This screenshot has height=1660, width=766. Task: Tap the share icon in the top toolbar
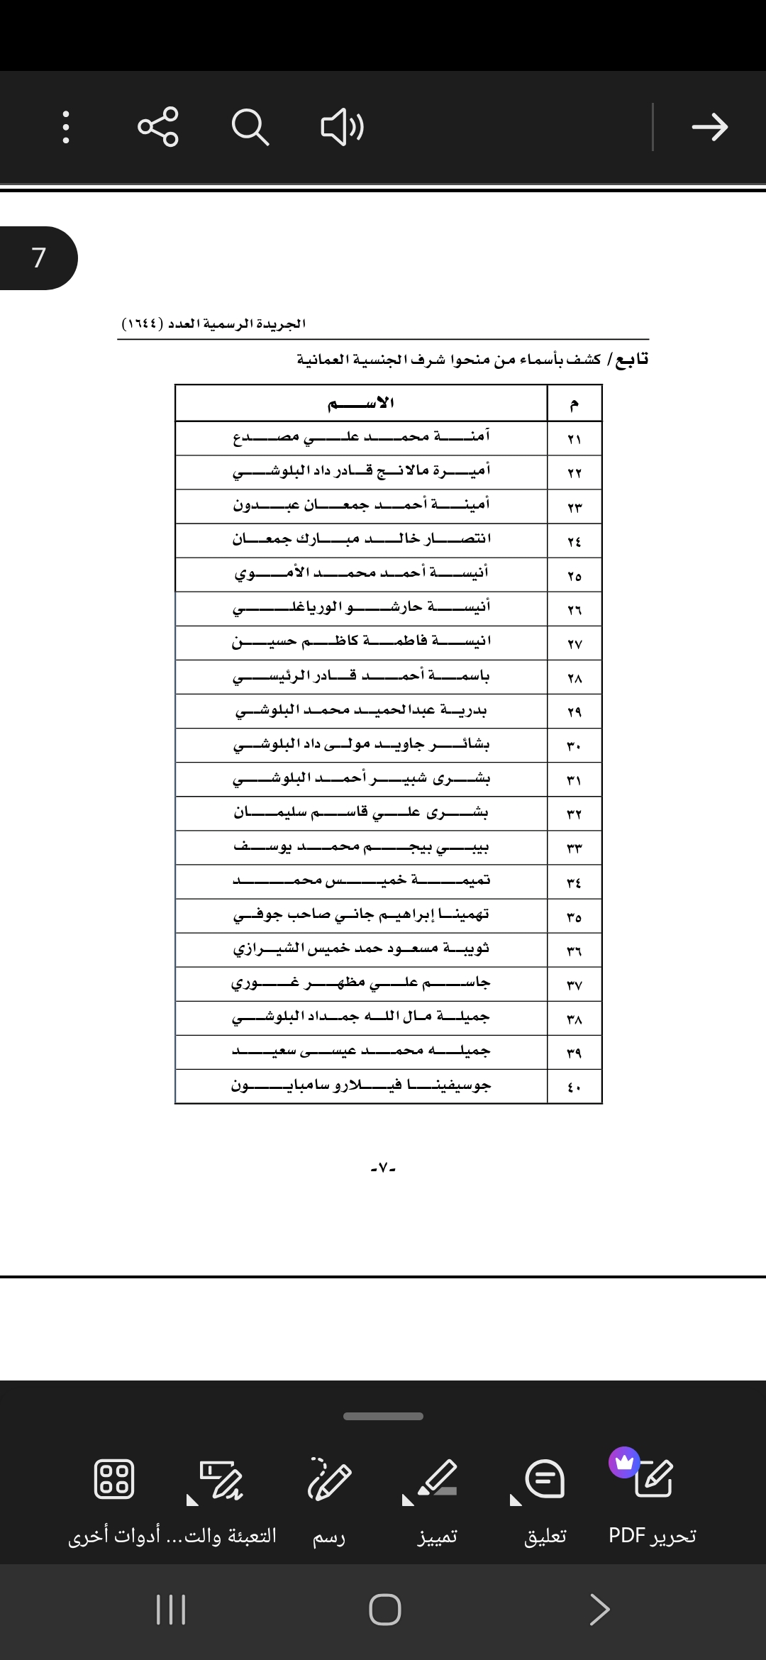(x=158, y=127)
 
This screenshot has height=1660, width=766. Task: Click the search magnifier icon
(x=250, y=127)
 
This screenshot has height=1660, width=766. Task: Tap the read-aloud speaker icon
(x=342, y=127)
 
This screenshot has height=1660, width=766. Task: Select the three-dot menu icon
(x=66, y=127)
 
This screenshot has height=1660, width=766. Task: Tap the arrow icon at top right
(x=709, y=127)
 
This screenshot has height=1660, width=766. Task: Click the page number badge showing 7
(x=39, y=258)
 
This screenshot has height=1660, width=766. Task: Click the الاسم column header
(x=361, y=403)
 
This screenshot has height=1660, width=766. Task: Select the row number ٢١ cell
(x=574, y=439)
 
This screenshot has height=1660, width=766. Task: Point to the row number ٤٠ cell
(x=574, y=1087)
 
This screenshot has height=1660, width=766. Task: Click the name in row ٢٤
(x=361, y=539)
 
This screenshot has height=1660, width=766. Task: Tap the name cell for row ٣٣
(x=361, y=847)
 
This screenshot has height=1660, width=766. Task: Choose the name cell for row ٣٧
(x=361, y=983)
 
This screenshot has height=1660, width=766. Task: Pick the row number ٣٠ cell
(x=574, y=746)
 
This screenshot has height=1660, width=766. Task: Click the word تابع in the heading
(x=631, y=359)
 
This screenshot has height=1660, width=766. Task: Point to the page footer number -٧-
(x=383, y=1168)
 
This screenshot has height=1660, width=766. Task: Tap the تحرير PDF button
(x=653, y=1497)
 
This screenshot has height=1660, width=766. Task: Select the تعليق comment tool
(x=545, y=1497)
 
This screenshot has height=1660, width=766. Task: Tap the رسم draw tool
(x=329, y=1497)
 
